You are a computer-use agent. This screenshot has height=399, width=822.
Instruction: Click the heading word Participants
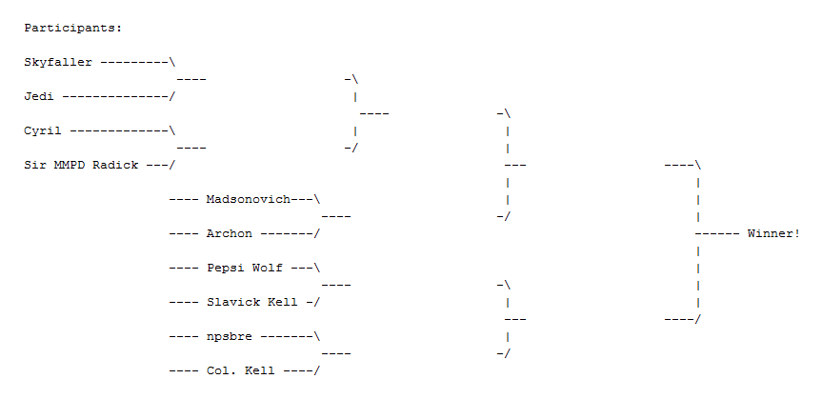click(x=72, y=28)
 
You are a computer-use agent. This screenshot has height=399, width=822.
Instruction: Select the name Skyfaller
click(x=58, y=62)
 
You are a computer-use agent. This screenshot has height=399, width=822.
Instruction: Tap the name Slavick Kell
click(x=251, y=302)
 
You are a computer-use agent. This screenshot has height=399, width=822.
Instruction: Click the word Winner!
click(x=773, y=233)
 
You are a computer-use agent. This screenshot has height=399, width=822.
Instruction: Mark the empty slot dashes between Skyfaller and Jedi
click(x=190, y=79)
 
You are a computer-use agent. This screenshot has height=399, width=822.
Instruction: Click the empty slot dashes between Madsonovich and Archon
click(x=336, y=216)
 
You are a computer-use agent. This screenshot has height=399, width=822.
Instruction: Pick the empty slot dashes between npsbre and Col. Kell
click(x=336, y=353)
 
